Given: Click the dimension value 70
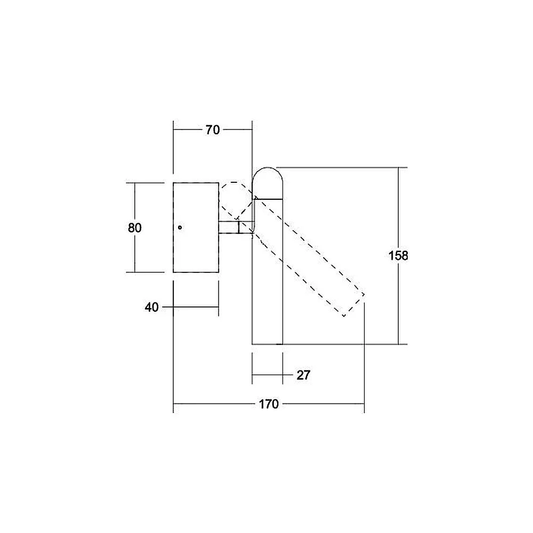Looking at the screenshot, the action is (213, 130).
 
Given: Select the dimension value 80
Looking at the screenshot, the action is (135, 228).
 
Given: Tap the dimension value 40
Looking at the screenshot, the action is (151, 308).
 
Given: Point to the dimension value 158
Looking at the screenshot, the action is (398, 255).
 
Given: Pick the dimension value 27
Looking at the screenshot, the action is (304, 375).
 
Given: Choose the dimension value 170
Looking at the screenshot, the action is (269, 404).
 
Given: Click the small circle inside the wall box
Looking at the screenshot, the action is (180, 228).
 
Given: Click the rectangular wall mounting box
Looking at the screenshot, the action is (196, 228).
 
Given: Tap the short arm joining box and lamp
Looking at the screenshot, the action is (236, 228).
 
